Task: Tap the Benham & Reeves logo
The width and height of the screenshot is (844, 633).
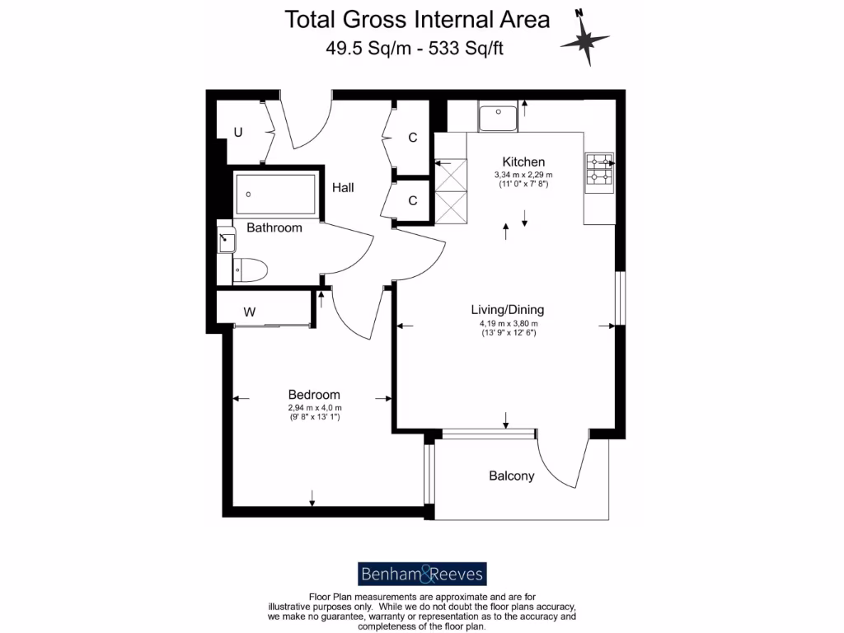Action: [x=421, y=574]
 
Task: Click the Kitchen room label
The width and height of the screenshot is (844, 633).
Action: [x=523, y=162]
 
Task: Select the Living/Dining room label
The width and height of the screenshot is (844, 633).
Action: [x=507, y=310]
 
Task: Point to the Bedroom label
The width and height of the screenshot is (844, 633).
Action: [x=313, y=395]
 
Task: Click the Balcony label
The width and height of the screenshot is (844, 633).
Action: [x=511, y=476]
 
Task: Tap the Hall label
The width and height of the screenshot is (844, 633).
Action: [x=343, y=188]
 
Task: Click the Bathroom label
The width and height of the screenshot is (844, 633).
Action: [x=274, y=227]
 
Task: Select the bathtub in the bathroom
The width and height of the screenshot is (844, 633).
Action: [x=274, y=195]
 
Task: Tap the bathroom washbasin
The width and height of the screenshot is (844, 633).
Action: [x=227, y=241]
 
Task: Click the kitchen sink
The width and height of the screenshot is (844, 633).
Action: [x=497, y=118]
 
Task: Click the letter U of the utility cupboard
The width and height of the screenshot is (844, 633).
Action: [x=237, y=132]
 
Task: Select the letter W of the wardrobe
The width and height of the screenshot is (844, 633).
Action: [x=249, y=312]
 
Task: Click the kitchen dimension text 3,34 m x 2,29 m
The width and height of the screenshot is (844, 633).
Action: [x=523, y=175]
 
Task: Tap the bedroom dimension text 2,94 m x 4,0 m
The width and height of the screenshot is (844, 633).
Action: [x=314, y=408]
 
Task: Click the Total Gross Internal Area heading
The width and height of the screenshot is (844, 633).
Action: [x=417, y=20]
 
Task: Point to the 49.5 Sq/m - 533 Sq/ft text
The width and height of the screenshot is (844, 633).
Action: [x=415, y=48]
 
